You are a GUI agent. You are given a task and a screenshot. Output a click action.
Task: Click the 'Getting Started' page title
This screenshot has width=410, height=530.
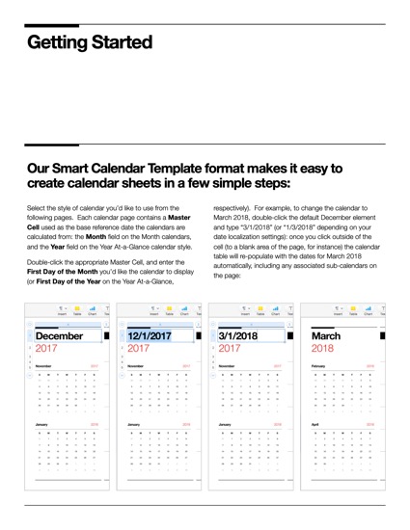click(x=89, y=42)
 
